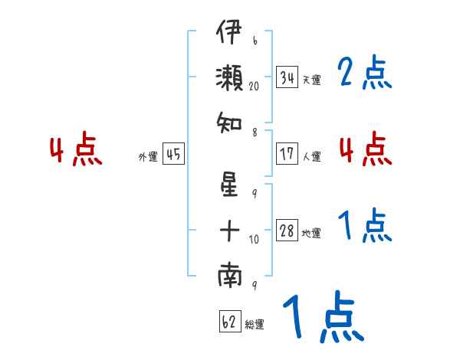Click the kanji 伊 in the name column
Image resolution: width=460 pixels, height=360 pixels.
[x=229, y=31]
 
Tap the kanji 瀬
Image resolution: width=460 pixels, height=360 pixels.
[x=229, y=77]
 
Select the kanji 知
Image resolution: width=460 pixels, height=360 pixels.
[x=229, y=123]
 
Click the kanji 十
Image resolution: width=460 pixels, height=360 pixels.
[x=229, y=231]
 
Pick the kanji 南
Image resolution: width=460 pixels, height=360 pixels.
[x=230, y=275]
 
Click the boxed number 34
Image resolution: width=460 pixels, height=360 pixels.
[x=287, y=77]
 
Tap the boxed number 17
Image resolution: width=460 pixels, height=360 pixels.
[x=287, y=154]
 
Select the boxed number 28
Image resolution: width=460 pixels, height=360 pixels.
[x=287, y=230]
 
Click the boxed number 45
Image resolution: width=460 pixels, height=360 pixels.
[x=173, y=154]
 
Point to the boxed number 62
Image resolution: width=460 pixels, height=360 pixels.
[x=230, y=321]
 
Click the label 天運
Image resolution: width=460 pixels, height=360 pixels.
[x=311, y=80]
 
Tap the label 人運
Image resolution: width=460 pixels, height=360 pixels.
[x=311, y=156]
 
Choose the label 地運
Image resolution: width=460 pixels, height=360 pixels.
[x=311, y=234]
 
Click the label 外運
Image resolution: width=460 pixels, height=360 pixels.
[x=148, y=157]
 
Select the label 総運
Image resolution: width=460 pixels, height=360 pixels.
[x=255, y=325]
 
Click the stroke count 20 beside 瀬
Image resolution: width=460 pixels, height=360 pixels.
[x=254, y=87]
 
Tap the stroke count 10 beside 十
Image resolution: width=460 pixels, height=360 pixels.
[x=254, y=240]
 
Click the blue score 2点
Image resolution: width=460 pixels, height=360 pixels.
[x=365, y=73]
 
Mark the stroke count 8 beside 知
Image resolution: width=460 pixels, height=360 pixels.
[x=255, y=133]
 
